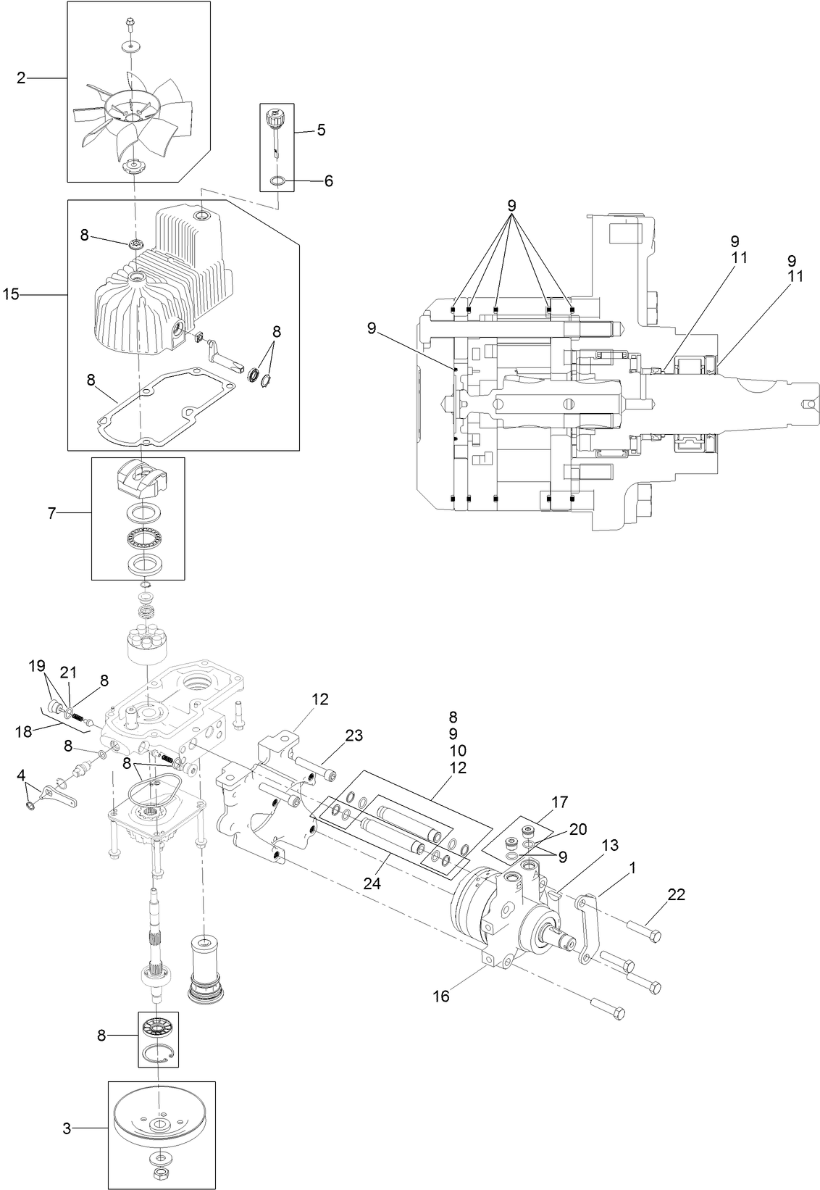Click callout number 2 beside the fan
point(21,78)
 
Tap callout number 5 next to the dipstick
point(321,130)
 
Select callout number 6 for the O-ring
point(328,180)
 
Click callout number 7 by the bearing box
point(51,513)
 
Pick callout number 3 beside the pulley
point(67,1128)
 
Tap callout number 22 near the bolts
point(676,894)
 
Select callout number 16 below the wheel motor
point(440,996)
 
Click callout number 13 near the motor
point(611,845)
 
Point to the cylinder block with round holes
point(147,641)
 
